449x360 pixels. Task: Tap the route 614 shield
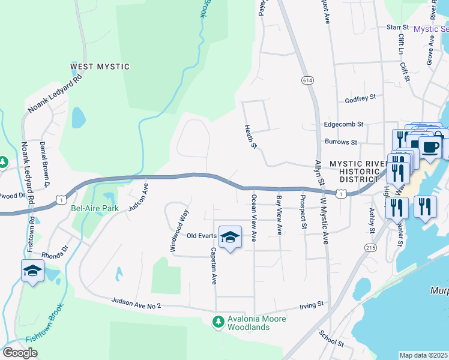[x=306, y=79]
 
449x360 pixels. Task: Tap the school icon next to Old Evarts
[x=230, y=238]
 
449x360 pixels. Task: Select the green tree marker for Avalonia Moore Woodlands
[x=218, y=323]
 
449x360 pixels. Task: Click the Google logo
[x=20, y=353]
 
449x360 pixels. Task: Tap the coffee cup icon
[x=429, y=146]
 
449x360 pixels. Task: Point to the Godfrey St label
[x=360, y=97]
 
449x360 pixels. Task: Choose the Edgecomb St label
[x=344, y=124]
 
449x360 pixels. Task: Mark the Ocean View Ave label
[x=255, y=218]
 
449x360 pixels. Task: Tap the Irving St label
[x=312, y=305]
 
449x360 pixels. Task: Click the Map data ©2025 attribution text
[x=423, y=355]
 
